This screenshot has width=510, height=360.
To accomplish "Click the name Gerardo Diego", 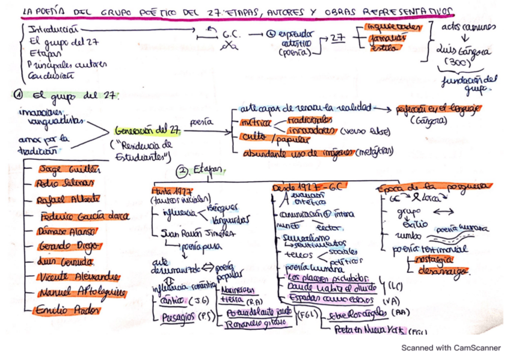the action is pos(66,246).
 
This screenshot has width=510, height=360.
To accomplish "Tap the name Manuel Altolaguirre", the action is pos(80,293).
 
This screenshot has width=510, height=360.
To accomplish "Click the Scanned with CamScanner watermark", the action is pos(450,347).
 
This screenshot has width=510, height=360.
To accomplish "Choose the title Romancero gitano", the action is pos(249,324).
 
